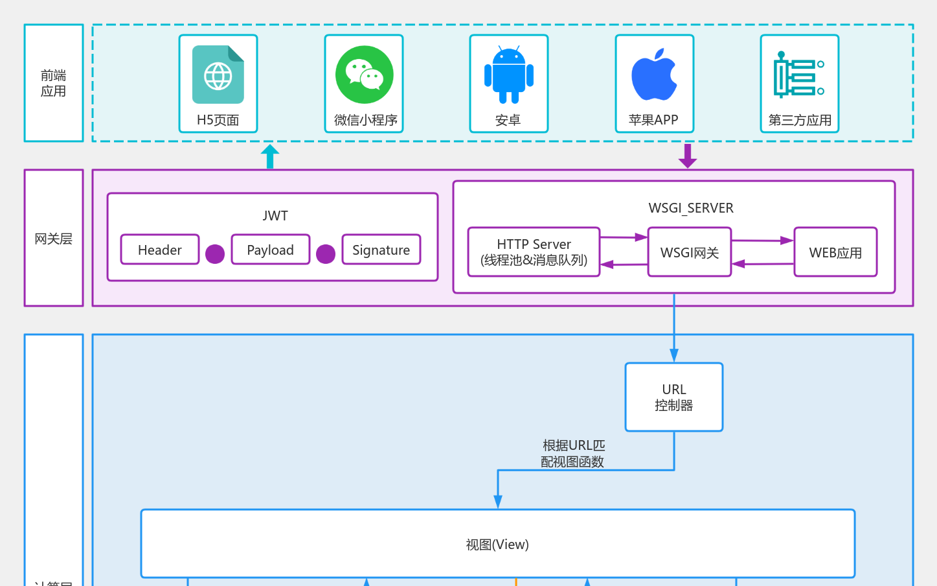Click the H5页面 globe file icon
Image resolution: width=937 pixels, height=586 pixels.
(x=218, y=75)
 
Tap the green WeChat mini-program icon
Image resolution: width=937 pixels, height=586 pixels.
(x=365, y=75)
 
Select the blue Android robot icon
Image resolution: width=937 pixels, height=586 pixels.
(x=509, y=75)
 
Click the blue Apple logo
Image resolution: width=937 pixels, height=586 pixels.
(x=654, y=75)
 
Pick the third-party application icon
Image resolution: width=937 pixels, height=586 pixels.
(x=799, y=75)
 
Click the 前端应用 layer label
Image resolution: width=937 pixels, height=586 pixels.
(x=54, y=83)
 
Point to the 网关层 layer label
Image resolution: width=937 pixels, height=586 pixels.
(x=54, y=239)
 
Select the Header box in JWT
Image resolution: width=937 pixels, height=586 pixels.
(x=160, y=250)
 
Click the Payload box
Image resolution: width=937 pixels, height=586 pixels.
(x=271, y=250)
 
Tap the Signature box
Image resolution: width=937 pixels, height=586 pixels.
(x=381, y=250)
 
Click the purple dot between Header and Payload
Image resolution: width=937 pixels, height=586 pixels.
(x=215, y=254)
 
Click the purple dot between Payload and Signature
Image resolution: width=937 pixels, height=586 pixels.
(x=326, y=254)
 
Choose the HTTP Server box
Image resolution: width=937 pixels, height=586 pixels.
(x=534, y=252)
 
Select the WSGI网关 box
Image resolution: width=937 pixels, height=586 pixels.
(x=690, y=252)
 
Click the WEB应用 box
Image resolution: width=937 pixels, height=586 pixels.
(x=835, y=252)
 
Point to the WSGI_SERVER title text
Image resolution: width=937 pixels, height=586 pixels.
(x=691, y=208)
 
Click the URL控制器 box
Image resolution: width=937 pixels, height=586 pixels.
(x=674, y=397)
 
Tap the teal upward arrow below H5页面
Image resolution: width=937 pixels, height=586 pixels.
(x=270, y=156)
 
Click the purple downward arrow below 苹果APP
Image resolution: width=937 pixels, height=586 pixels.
(x=688, y=156)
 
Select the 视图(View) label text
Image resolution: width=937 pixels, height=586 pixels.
(x=497, y=545)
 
